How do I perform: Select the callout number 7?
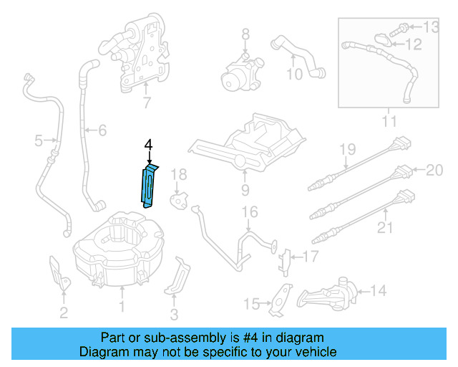pos(147,103)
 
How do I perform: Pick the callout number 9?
pos(245,190)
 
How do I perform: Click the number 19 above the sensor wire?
pos(347,149)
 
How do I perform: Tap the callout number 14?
pos(378,290)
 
